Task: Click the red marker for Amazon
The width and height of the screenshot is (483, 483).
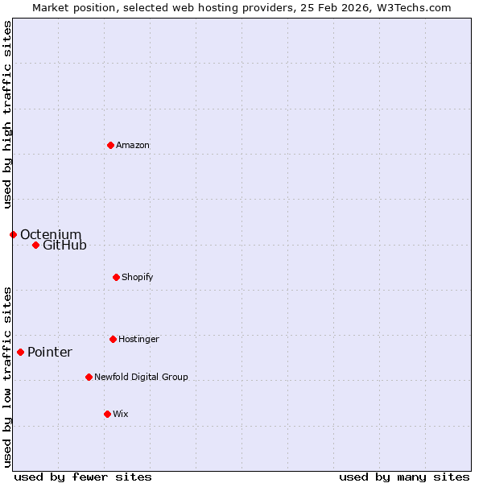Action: [x=110, y=145]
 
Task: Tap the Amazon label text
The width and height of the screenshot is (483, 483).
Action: [x=133, y=145]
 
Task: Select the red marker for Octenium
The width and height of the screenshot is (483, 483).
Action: [x=13, y=234]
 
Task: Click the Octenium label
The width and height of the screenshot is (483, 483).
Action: [x=51, y=234]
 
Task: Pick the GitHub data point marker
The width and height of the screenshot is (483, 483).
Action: [x=35, y=245]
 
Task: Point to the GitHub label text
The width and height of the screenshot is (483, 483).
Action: [x=64, y=245]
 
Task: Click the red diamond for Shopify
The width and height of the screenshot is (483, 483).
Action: [x=116, y=277]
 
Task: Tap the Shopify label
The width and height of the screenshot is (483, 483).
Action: [x=138, y=277]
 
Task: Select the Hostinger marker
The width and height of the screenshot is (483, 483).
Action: [x=113, y=339]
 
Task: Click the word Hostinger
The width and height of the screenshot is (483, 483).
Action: [x=138, y=339]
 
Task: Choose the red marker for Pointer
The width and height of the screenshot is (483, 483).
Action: [x=20, y=352]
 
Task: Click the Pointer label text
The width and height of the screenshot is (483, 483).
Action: [x=50, y=352]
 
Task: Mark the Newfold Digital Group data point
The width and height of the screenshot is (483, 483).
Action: [x=89, y=377]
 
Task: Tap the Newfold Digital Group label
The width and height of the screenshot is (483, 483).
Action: [x=141, y=377]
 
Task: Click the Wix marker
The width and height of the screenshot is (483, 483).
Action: [x=107, y=414]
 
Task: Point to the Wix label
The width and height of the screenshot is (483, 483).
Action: [x=121, y=414]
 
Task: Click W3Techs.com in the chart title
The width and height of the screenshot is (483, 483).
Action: [x=419, y=7]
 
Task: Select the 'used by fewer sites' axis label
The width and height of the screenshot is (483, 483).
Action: [x=83, y=477]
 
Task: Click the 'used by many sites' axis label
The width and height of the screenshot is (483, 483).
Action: [x=404, y=477]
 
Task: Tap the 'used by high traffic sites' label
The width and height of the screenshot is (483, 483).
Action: [x=7, y=114]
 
